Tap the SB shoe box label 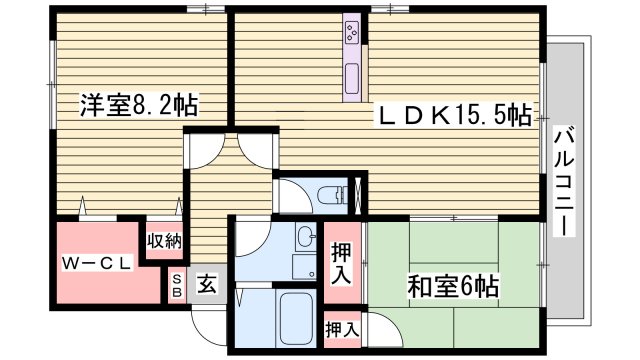[x=177, y=285]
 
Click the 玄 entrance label [x=206, y=285]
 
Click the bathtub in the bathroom [x=296, y=318]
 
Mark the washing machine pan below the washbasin [x=303, y=267]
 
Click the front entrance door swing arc [x=208, y=320]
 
